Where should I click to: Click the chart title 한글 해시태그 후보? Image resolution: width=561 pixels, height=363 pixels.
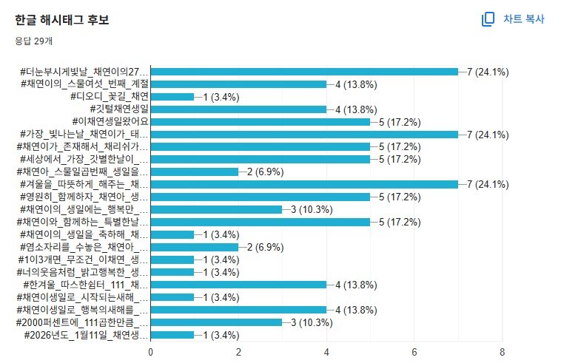click(x=61, y=20)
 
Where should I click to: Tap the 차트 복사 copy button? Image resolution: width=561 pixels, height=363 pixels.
click(x=513, y=19)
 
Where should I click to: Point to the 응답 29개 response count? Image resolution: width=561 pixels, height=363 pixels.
click(x=34, y=41)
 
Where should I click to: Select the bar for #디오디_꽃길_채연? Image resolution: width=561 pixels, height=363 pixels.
click(x=172, y=97)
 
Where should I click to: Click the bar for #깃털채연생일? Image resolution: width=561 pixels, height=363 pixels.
click(x=238, y=109)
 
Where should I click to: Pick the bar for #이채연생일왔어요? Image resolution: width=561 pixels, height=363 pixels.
click(x=261, y=122)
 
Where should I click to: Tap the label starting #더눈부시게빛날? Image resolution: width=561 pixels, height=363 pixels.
click(x=85, y=72)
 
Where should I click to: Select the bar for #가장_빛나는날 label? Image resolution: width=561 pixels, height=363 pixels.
click(x=304, y=135)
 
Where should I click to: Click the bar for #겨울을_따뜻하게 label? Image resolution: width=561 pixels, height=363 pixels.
click(x=304, y=184)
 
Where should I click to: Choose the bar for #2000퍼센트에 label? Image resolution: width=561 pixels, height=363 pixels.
click(x=216, y=322)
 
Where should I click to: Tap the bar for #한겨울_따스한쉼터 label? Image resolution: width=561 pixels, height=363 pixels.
click(x=238, y=285)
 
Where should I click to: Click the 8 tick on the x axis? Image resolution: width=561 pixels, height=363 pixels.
click(x=502, y=352)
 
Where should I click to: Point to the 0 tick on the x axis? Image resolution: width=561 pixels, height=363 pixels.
click(x=151, y=352)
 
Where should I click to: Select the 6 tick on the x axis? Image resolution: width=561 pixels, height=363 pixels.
click(x=414, y=352)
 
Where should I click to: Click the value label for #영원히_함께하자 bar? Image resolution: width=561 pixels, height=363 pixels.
click(x=399, y=197)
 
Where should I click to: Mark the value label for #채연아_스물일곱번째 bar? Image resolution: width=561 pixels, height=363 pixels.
click(x=267, y=172)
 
